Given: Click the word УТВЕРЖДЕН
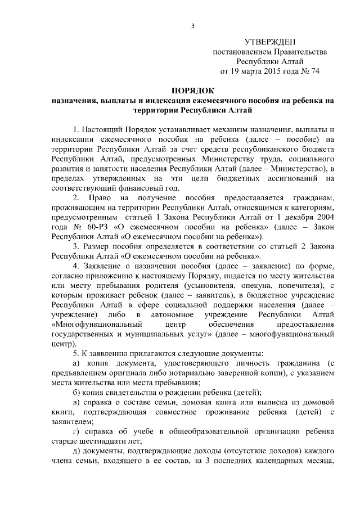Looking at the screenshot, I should (x=269, y=42).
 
